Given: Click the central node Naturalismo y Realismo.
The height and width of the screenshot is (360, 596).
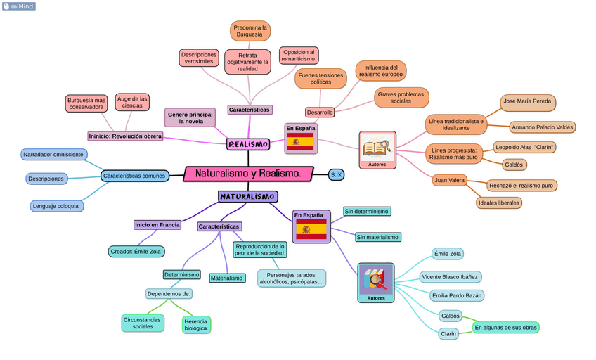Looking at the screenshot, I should (248, 174).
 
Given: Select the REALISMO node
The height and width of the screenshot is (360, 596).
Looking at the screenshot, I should (248, 144).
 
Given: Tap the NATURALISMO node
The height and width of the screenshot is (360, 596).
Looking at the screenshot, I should (247, 197).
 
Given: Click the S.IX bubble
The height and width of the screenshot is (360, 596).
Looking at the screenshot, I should (336, 174).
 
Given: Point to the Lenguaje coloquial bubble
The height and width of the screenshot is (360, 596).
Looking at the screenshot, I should (57, 206).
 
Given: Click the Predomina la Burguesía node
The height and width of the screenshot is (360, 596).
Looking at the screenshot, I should (250, 31).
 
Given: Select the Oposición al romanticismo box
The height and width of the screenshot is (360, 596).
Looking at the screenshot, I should (298, 56).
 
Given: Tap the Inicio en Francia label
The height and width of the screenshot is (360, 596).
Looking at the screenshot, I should (157, 225).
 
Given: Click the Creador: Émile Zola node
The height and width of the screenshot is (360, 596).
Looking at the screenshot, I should (136, 251).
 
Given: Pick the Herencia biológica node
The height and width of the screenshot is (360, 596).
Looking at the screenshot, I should (195, 324).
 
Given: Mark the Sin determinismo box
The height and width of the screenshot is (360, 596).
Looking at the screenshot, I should (367, 211).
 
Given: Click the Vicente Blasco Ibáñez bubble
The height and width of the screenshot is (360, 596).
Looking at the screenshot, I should (450, 277).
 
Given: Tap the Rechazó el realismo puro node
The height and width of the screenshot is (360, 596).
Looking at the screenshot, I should (521, 186).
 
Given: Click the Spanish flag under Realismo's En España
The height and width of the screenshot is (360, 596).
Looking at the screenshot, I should (301, 142).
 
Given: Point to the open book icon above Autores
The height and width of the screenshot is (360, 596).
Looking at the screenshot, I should (377, 147).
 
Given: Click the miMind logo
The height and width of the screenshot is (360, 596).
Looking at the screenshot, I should (18, 6).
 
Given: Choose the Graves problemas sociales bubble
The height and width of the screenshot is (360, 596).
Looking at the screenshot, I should (401, 98).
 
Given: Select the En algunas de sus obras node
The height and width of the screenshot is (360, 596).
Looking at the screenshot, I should (505, 327).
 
